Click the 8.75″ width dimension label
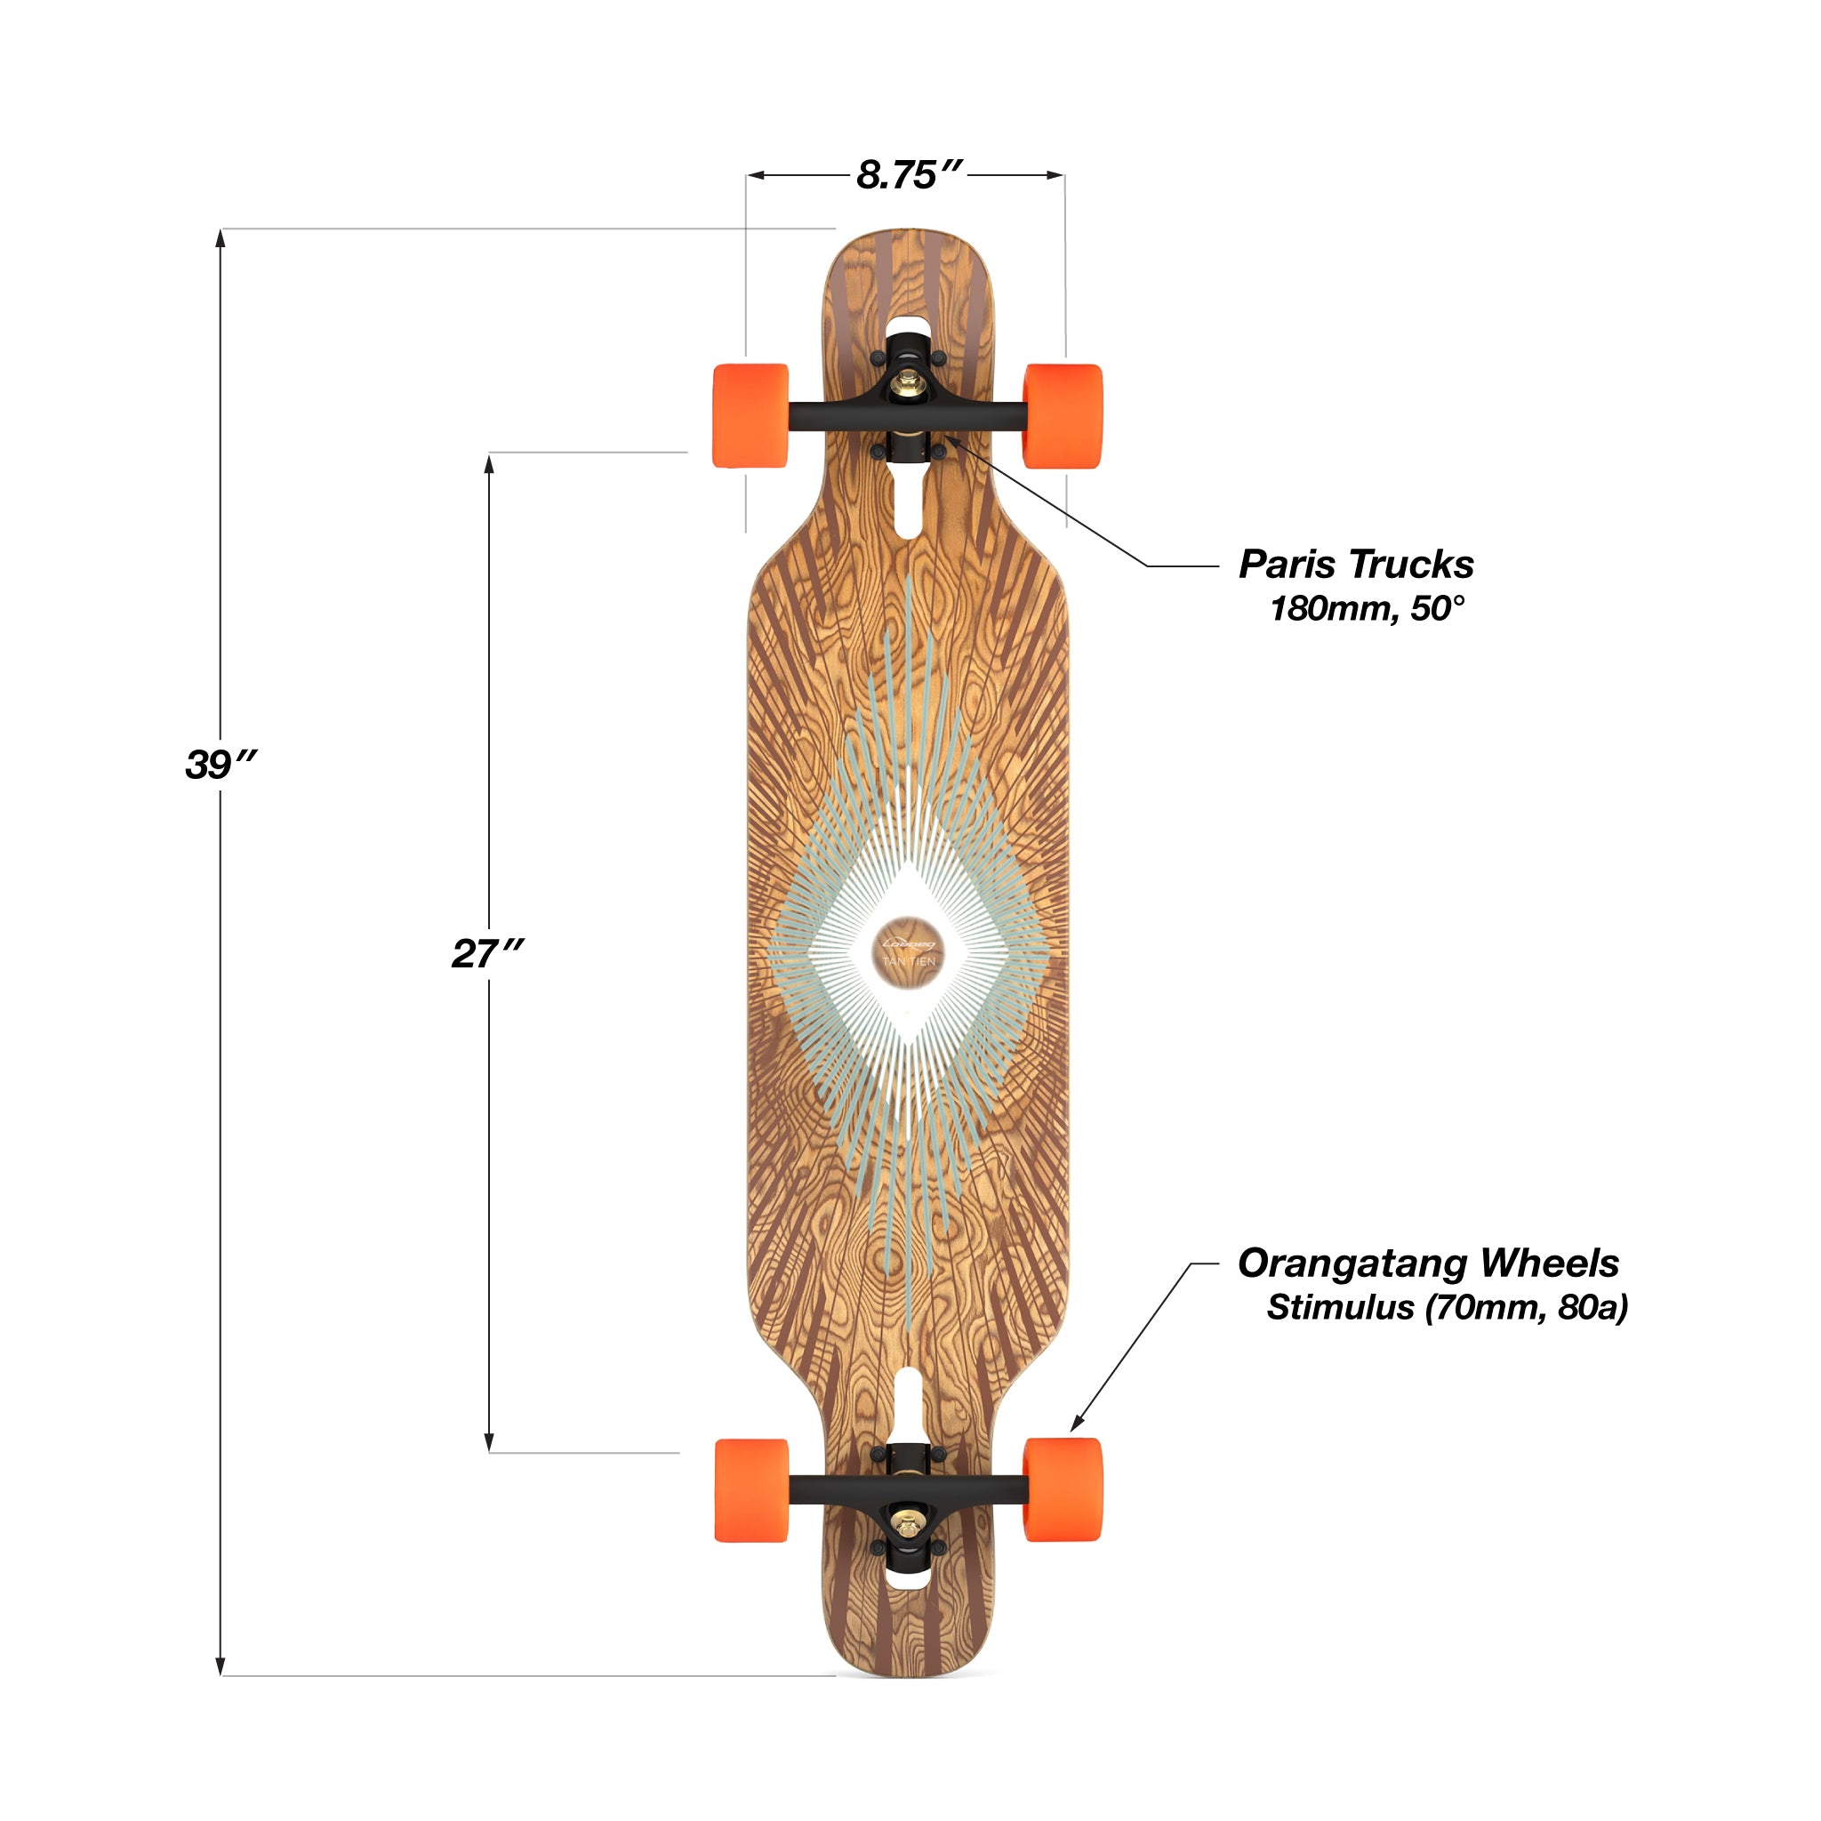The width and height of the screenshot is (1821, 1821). (x=909, y=175)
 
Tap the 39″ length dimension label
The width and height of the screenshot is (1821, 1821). (x=221, y=765)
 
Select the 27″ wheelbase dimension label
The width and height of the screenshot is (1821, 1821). (x=486, y=954)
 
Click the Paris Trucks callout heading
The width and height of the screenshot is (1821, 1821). (x=1355, y=565)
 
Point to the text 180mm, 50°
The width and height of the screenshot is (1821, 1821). (x=1367, y=609)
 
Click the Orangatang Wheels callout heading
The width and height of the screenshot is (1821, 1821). (x=1428, y=1263)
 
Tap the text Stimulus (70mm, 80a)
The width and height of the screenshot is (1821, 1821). (x=1447, y=1307)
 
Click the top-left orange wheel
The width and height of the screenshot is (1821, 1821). (x=750, y=415)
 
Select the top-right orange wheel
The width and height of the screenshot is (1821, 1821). (x=1063, y=415)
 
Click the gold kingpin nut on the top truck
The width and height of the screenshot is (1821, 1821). (x=910, y=381)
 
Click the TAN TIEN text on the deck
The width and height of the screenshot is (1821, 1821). (x=909, y=961)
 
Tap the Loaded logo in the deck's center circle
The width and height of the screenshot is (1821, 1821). (x=909, y=943)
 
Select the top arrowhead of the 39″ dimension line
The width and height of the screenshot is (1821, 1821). (x=221, y=237)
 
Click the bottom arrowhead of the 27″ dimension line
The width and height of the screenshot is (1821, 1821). (x=489, y=1443)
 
